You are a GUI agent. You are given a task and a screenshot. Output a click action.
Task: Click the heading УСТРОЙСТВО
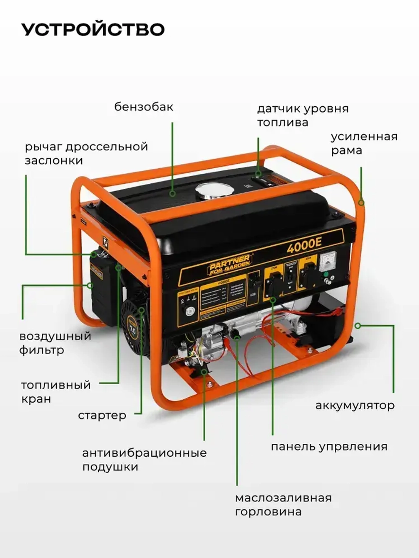[93, 30]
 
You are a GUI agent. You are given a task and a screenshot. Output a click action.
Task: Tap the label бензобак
[144, 107]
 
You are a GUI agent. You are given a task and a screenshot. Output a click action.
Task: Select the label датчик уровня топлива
[303, 116]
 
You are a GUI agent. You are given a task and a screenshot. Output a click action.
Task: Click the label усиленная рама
[364, 144]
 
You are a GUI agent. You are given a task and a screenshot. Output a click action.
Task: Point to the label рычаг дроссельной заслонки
[86, 154]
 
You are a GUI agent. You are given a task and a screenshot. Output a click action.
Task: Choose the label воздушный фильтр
[55, 343]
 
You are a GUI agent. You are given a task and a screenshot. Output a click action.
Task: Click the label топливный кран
[56, 392]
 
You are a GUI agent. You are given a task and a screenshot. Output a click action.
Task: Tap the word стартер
[102, 415]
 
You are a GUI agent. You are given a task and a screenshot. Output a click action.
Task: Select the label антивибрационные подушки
[144, 460]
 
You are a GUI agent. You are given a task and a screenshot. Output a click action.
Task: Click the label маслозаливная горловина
[283, 505]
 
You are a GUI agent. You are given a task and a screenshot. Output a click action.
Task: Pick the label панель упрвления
[329, 447]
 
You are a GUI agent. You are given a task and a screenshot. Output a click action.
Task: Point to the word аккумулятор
[354, 405]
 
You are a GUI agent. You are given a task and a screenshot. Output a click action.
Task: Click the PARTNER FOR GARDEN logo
[230, 265]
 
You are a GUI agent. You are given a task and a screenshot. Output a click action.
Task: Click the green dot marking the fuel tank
[172, 194]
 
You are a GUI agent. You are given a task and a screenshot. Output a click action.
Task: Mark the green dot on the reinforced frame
[362, 203]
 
